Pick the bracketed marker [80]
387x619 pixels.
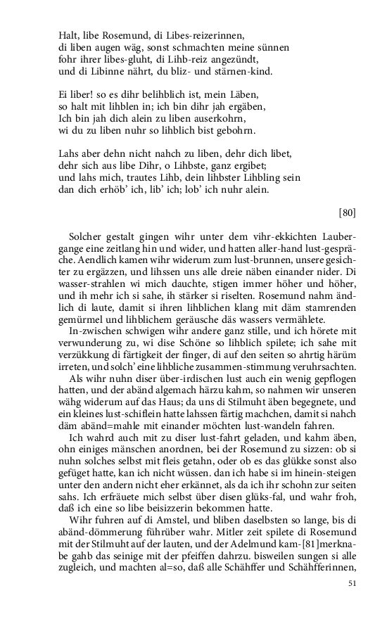347,212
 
